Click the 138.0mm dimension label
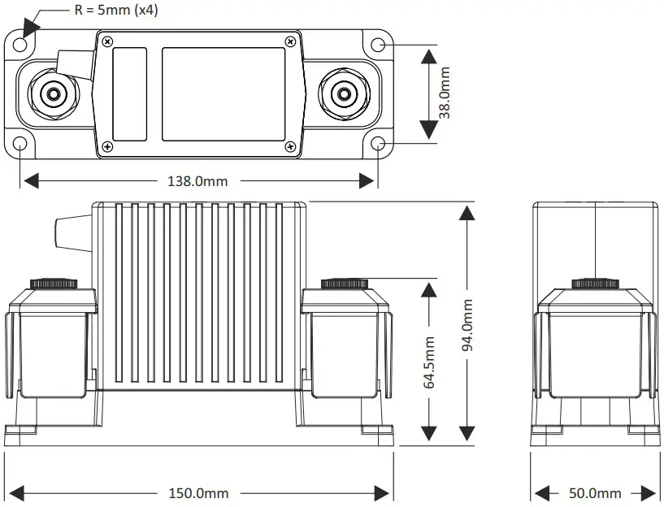199,180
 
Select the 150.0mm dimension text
199,493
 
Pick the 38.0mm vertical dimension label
445,93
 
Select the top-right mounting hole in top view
379,44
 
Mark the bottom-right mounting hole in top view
379,144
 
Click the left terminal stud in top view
54,93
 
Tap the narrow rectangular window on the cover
129,93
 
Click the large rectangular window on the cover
224,93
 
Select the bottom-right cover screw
290,146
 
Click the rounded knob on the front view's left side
65,233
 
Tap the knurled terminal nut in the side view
596,284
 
